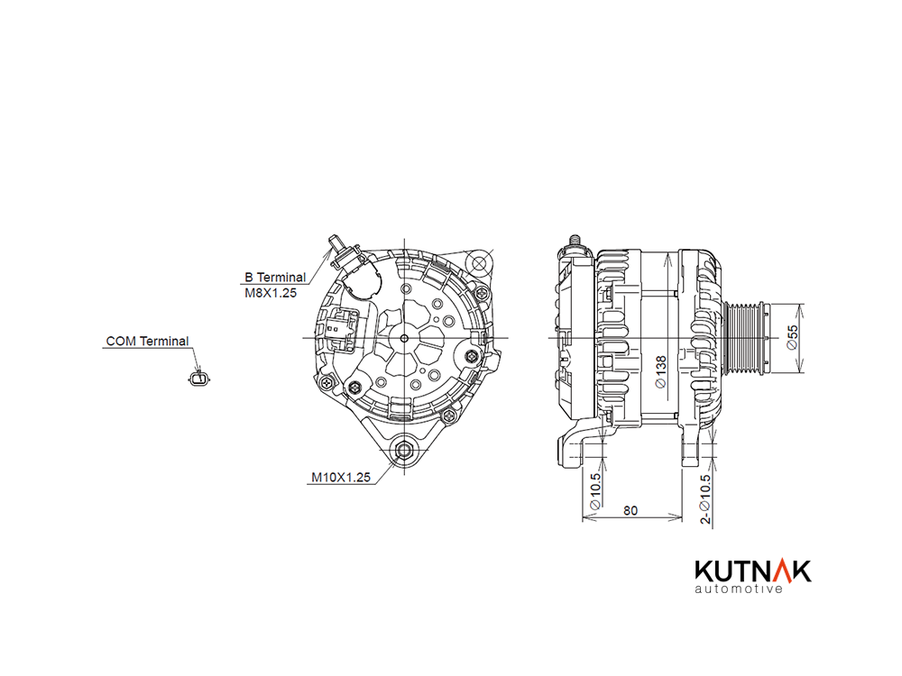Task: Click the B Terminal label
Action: tap(275, 277)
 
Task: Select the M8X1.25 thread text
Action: tap(271, 293)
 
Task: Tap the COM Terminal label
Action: tap(147, 341)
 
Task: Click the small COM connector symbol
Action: tap(199, 378)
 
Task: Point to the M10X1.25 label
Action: tap(341, 477)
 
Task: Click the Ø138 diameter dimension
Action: tap(661, 372)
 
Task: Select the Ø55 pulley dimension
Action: tap(792, 337)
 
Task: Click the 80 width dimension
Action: tap(630, 510)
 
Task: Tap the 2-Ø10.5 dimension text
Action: tap(705, 499)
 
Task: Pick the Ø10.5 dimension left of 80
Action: tap(595, 490)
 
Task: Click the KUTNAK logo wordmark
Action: tap(753, 571)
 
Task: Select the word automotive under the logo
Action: tap(739, 589)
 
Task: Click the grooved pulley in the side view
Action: tap(745, 337)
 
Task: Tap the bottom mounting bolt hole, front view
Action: tap(404, 450)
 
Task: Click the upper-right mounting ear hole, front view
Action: tap(479, 264)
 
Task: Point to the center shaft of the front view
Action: tap(404, 338)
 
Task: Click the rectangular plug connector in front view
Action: tap(341, 329)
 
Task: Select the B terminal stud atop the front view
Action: tap(336, 244)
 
